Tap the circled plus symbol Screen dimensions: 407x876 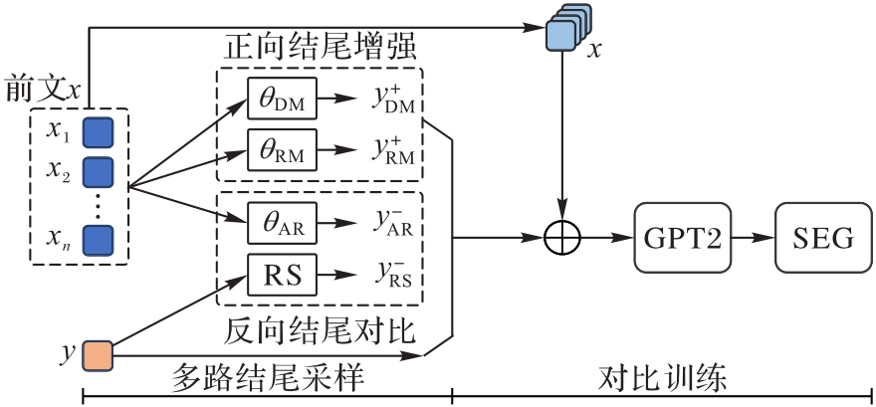(563, 239)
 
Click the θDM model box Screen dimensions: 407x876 (282, 100)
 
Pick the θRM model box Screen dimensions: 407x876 (282, 152)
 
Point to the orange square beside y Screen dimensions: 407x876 (97, 355)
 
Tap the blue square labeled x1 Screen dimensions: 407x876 (97, 131)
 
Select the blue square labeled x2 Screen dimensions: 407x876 (97, 172)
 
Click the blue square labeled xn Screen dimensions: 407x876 (97, 241)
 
